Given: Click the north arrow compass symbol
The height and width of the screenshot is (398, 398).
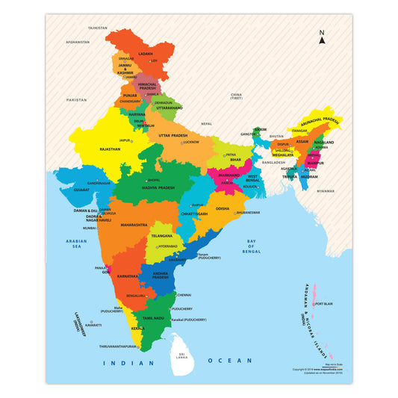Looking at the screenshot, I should (322, 37).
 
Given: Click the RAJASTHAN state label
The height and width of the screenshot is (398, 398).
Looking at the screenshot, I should (109, 149).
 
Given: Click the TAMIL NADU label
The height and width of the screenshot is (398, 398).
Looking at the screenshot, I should (153, 318).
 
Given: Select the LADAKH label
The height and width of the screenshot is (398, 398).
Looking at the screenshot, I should (146, 54).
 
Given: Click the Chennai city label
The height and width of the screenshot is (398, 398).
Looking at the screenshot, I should (184, 295).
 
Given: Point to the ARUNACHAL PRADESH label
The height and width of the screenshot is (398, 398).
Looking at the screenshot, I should (326, 121).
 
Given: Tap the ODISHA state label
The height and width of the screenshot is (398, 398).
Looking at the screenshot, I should (223, 209).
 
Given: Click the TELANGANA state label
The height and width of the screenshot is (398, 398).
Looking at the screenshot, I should (161, 235).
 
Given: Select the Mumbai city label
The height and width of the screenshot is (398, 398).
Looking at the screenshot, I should (90, 228).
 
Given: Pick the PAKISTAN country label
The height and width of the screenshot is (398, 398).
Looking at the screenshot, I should (76, 99).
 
